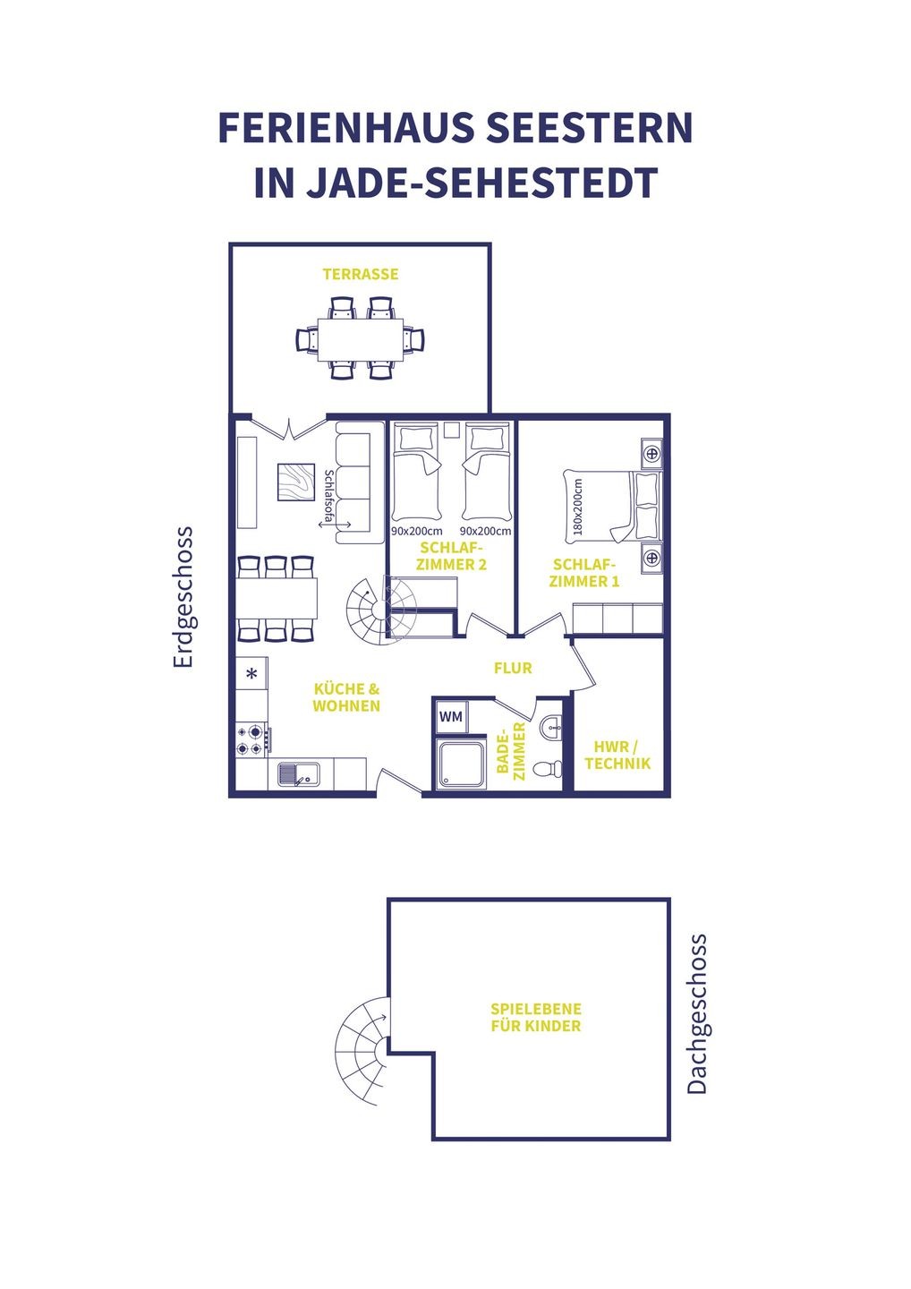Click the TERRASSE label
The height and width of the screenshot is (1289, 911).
(360, 274)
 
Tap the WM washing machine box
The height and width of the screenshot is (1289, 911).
(452, 717)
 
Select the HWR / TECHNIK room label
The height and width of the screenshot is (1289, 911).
(617, 755)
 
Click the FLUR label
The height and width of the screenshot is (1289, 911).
(513, 668)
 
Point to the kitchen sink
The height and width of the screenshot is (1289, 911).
(299, 774)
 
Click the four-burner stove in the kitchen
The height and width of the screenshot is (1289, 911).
(251, 740)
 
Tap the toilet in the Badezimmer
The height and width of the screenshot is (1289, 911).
(548, 768)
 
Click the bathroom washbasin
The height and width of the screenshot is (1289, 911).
(551, 728)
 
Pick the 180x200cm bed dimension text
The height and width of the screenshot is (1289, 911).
(578, 507)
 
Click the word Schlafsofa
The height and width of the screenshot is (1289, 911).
(329, 496)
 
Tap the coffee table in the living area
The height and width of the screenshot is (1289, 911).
(296, 482)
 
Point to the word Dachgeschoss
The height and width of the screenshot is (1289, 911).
(696, 1013)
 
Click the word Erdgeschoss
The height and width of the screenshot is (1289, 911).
(183, 597)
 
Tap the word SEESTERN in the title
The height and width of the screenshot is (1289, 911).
(589, 127)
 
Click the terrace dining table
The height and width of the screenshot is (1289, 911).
(360, 338)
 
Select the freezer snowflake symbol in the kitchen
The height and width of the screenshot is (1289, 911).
(251, 673)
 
